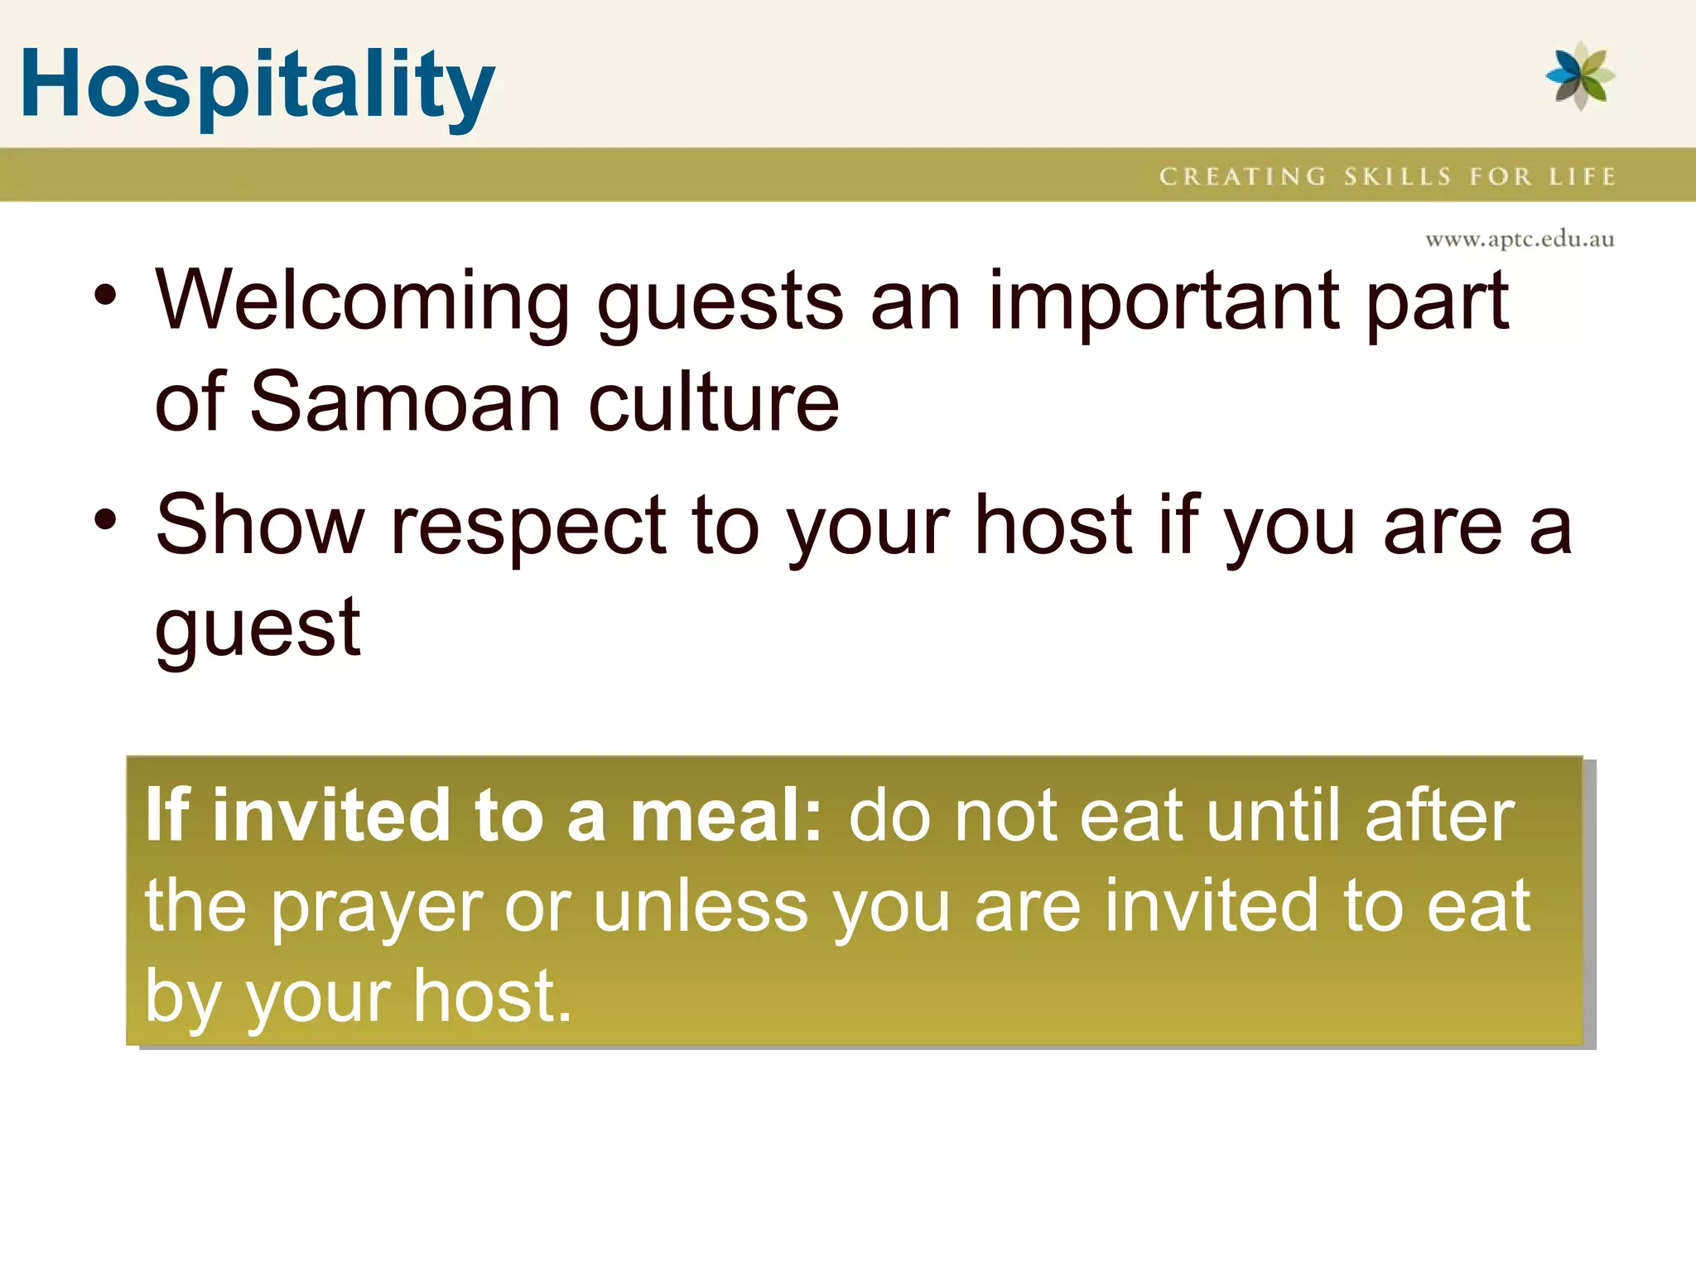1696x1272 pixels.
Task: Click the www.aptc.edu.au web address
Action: click(x=1520, y=239)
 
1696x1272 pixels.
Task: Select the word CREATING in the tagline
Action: click(x=1242, y=176)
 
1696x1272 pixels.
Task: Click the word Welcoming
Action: click(x=362, y=302)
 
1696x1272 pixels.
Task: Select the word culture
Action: click(x=714, y=403)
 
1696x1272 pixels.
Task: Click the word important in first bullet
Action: click(x=1163, y=302)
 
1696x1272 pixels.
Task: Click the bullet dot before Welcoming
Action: click(x=105, y=296)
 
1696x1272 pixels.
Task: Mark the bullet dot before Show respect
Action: click(x=105, y=520)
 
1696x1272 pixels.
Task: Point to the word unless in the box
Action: click(x=701, y=907)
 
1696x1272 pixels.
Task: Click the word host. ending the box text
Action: click(x=492, y=996)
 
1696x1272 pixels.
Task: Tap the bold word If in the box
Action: click(x=167, y=816)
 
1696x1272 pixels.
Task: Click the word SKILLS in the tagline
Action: click(x=1397, y=176)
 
